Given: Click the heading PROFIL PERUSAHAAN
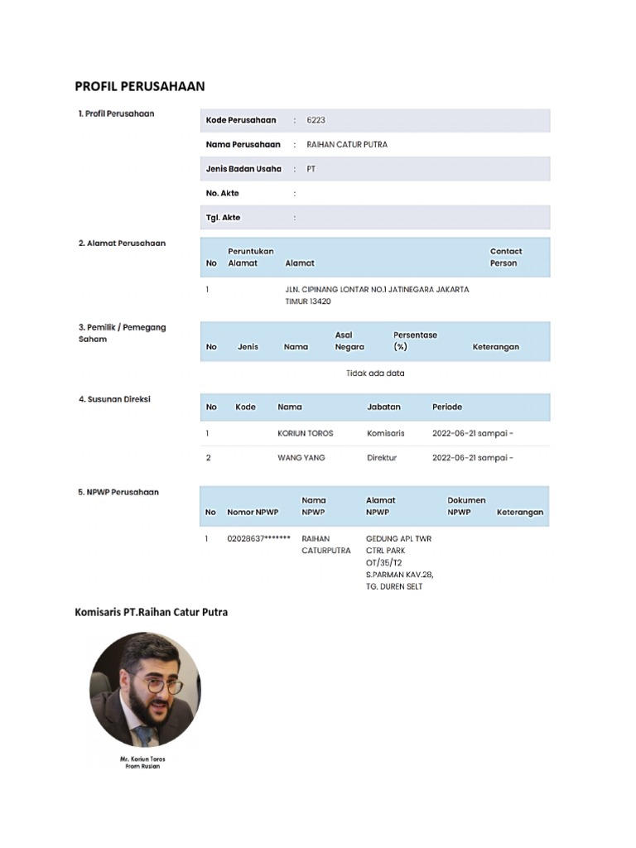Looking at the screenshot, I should click(x=140, y=86).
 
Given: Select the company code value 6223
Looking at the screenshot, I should click(x=316, y=120).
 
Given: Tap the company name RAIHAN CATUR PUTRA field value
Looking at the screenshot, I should click(x=346, y=144).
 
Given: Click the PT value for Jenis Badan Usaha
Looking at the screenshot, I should click(x=311, y=169).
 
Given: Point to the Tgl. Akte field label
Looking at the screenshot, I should click(x=223, y=218).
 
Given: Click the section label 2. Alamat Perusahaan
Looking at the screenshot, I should click(x=122, y=243).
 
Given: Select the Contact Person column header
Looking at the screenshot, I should click(x=505, y=257).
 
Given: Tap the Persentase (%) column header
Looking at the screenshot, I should click(x=415, y=340).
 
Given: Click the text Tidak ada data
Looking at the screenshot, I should click(x=375, y=373).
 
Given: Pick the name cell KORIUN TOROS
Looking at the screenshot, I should click(x=305, y=433).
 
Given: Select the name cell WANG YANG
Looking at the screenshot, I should click(x=301, y=457).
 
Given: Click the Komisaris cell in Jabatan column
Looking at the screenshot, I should click(x=385, y=433).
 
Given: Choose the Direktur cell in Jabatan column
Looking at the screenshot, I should click(x=382, y=457).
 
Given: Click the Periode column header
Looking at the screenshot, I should click(x=447, y=407).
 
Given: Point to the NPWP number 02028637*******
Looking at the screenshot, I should click(x=258, y=538).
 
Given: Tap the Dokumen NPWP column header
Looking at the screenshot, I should click(x=466, y=506).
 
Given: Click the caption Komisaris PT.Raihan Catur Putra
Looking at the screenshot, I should click(x=152, y=612).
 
